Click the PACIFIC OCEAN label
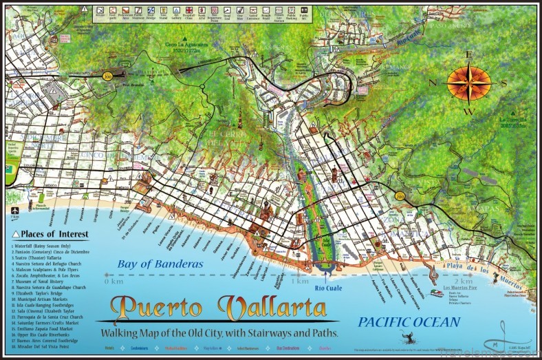click(408, 321)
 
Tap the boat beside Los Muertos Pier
click(437, 293)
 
